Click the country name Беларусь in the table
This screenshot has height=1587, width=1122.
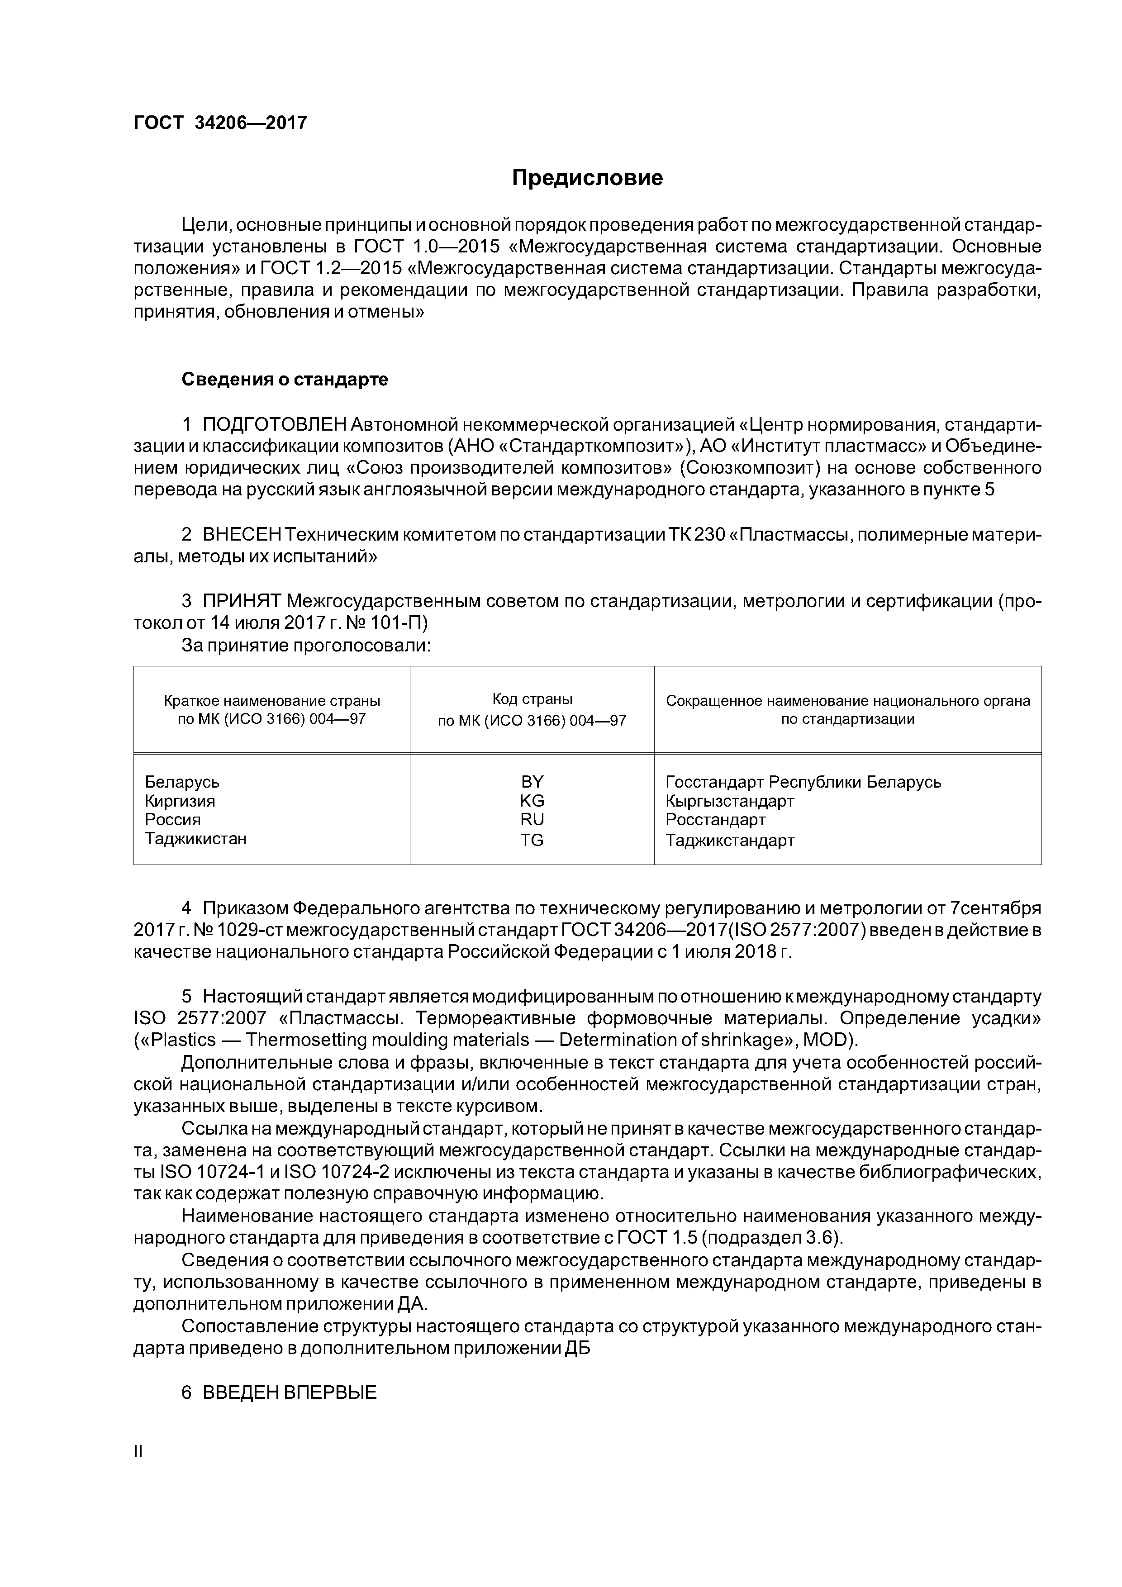coord(182,782)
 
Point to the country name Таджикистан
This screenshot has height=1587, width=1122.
coord(195,838)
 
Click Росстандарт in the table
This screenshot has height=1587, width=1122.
coord(716,819)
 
